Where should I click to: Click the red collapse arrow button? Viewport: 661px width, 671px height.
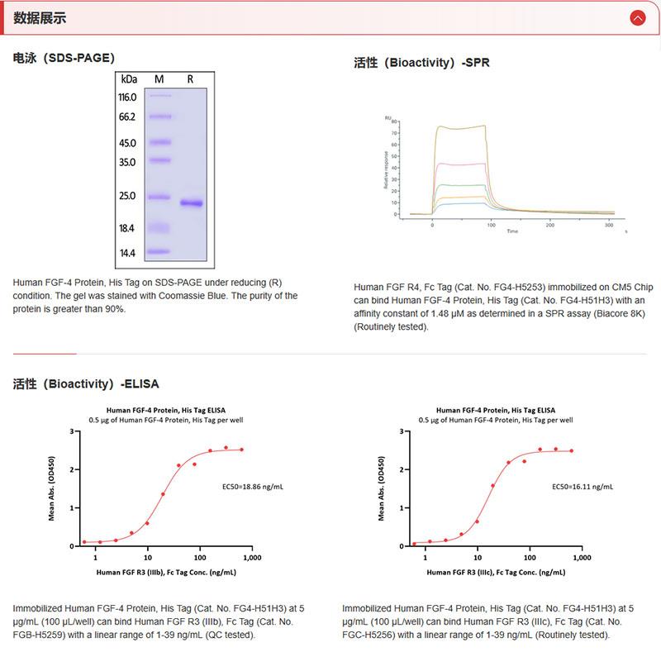click(637, 17)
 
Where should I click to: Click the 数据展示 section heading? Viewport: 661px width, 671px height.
click(40, 18)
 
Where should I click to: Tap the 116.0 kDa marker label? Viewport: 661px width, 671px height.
click(127, 97)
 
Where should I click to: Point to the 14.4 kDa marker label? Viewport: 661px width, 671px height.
click(127, 253)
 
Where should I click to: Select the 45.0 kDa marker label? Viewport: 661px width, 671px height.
click(127, 143)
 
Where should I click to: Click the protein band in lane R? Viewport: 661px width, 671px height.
click(191, 202)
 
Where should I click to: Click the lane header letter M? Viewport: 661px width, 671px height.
click(159, 79)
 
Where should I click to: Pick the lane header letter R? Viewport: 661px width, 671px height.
click(190, 79)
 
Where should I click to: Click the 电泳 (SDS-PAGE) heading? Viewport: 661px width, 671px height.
click(64, 58)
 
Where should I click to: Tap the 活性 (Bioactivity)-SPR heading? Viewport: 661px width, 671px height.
click(421, 62)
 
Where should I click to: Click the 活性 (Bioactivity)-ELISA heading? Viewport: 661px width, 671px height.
click(86, 383)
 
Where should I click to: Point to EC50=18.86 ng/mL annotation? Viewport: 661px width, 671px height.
click(254, 487)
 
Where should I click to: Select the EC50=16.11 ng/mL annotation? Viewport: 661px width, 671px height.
click(583, 487)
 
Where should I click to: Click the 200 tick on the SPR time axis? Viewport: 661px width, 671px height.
click(550, 225)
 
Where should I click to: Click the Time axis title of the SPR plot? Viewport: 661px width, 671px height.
click(512, 231)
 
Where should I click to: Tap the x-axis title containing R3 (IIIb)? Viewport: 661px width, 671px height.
click(166, 572)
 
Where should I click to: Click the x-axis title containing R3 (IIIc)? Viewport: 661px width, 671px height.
click(496, 572)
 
